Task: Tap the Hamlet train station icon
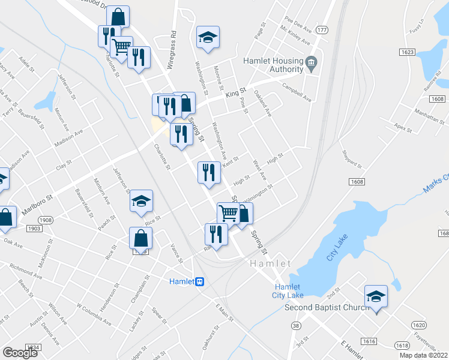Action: [x=199, y=281]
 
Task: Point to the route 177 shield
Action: [x=322, y=30]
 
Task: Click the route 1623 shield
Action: [x=406, y=52]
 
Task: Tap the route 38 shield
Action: [x=296, y=326]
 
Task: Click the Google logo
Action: [x=20, y=352]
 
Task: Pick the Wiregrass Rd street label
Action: [x=173, y=41]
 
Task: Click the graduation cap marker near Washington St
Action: [x=208, y=37]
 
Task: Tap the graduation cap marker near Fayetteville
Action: [x=376, y=296]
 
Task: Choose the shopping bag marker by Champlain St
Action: [x=140, y=238]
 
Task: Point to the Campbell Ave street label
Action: [x=298, y=97]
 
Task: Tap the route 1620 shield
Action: [x=420, y=325]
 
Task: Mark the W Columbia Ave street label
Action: [x=94, y=314]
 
